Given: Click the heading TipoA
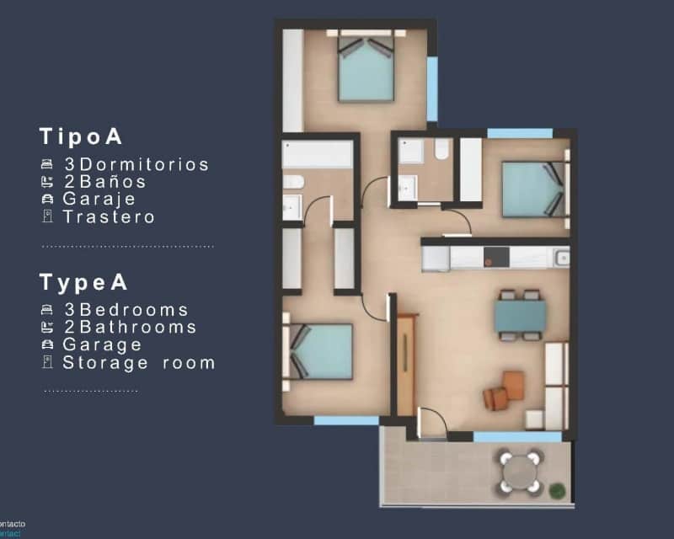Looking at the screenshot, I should tap(82, 137).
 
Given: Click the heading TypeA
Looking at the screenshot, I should tap(83, 282).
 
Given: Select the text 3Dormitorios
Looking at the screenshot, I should tap(136, 164).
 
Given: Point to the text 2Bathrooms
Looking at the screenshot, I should tap(130, 327).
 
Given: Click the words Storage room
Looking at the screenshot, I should tap(139, 363).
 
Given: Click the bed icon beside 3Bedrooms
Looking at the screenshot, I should tap(47, 310).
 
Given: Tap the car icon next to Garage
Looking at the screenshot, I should tap(47, 344).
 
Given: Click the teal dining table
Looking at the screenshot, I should tap(519, 316).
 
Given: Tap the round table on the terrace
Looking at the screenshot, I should tap(521, 472).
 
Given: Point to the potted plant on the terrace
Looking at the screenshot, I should tap(557, 489).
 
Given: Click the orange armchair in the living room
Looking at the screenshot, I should tap(506, 389).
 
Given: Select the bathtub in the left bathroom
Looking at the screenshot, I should tap(317, 155).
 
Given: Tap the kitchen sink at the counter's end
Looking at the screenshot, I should tap(562, 256).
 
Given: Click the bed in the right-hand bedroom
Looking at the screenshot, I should tap(532, 190).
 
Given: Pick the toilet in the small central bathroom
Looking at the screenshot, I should tap(441, 150).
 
